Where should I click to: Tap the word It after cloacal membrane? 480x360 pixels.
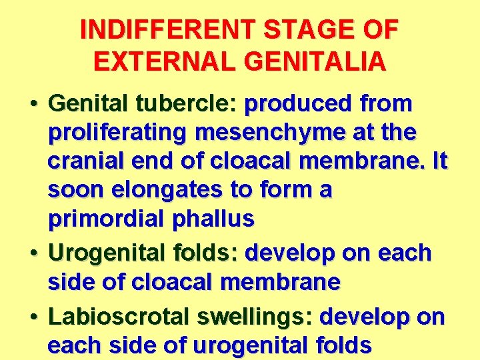[439, 162]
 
